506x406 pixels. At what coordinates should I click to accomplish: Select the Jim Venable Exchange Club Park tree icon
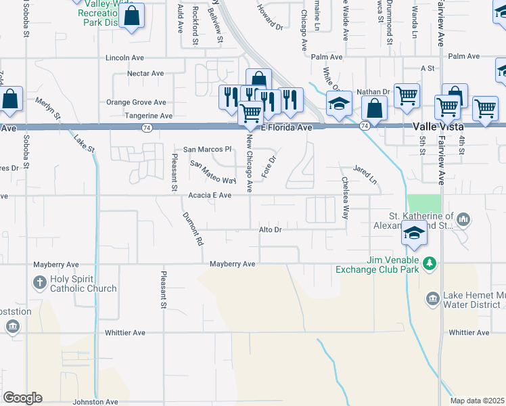[x=429, y=263]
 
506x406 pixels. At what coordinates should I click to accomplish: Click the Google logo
[x=22, y=398]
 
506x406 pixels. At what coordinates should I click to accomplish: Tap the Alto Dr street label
[x=270, y=230]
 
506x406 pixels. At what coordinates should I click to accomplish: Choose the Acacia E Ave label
[x=210, y=196]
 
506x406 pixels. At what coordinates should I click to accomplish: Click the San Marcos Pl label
[x=208, y=149]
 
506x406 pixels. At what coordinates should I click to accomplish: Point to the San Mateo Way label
[x=212, y=173]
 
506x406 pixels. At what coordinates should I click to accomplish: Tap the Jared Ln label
[x=364, y=175]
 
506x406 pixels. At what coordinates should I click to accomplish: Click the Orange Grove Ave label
[x=136, y=103]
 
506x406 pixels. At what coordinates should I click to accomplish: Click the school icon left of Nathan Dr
[x=339, y=104]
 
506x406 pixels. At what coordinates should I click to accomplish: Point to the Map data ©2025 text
[x=477, y=401]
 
